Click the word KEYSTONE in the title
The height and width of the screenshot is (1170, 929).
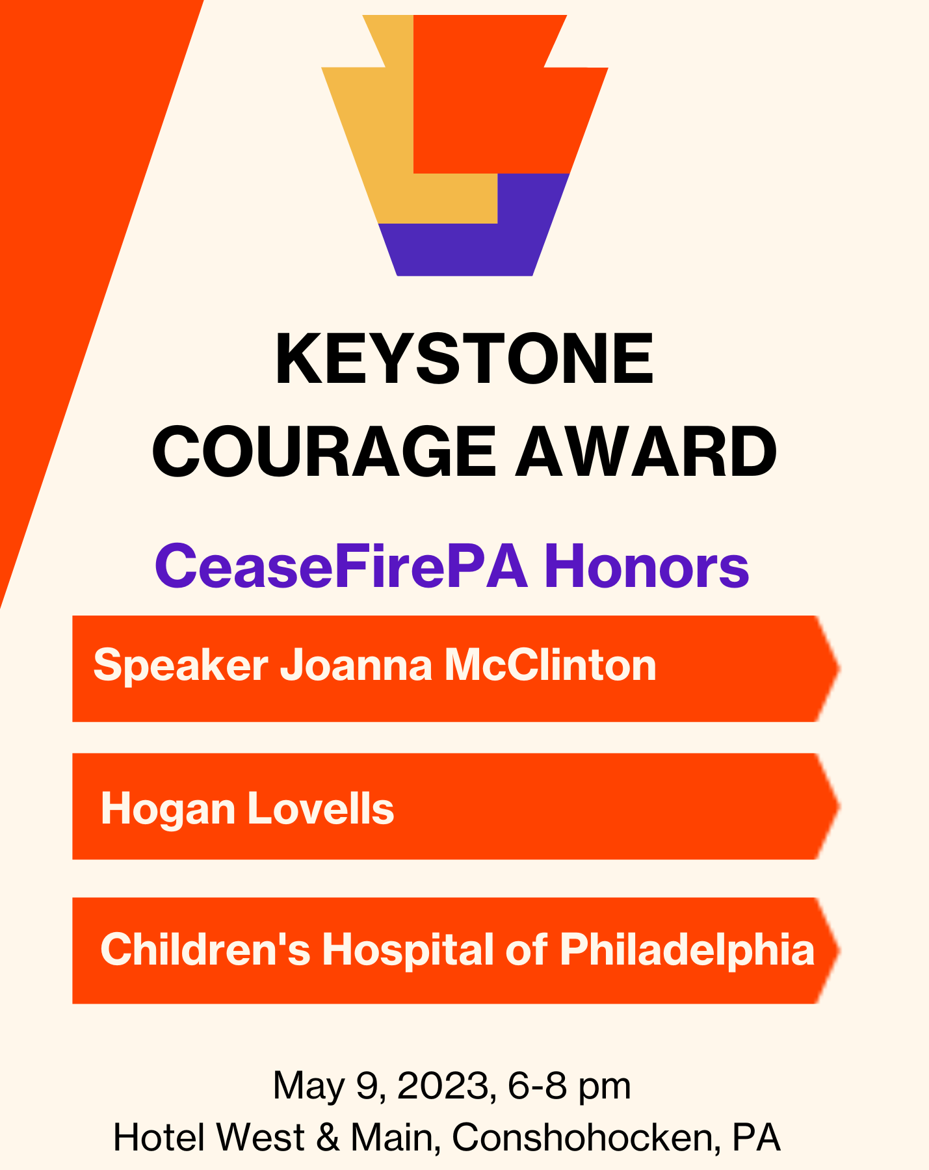(464, 359)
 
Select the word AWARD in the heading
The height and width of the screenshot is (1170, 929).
(646, 452)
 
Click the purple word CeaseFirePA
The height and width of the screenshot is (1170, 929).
(341, 567)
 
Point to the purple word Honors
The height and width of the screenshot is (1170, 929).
(646, 567)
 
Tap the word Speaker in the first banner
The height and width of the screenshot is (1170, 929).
(181, 667)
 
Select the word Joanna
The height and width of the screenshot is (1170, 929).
(356, 666)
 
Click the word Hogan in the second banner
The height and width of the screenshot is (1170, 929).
(168, 810)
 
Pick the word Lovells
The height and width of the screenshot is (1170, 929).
(321, 809)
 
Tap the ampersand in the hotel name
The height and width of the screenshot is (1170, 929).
(328, 1137)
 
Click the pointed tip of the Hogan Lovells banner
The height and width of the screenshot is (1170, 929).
(840, 806)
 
